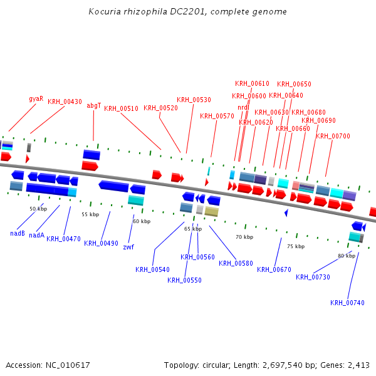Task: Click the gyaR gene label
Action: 36,98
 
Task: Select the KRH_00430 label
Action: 65,102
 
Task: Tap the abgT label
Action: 94,105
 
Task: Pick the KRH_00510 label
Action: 121,108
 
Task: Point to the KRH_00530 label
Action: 194,100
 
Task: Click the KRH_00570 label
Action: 217,116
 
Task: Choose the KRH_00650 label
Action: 294,84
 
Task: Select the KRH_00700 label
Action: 333,136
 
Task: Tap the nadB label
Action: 18,234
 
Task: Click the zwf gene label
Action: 128,247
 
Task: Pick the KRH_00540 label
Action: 152,270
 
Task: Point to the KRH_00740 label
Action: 347,303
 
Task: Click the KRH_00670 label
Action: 274,269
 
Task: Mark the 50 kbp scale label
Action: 38,209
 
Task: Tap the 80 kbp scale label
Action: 347,256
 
